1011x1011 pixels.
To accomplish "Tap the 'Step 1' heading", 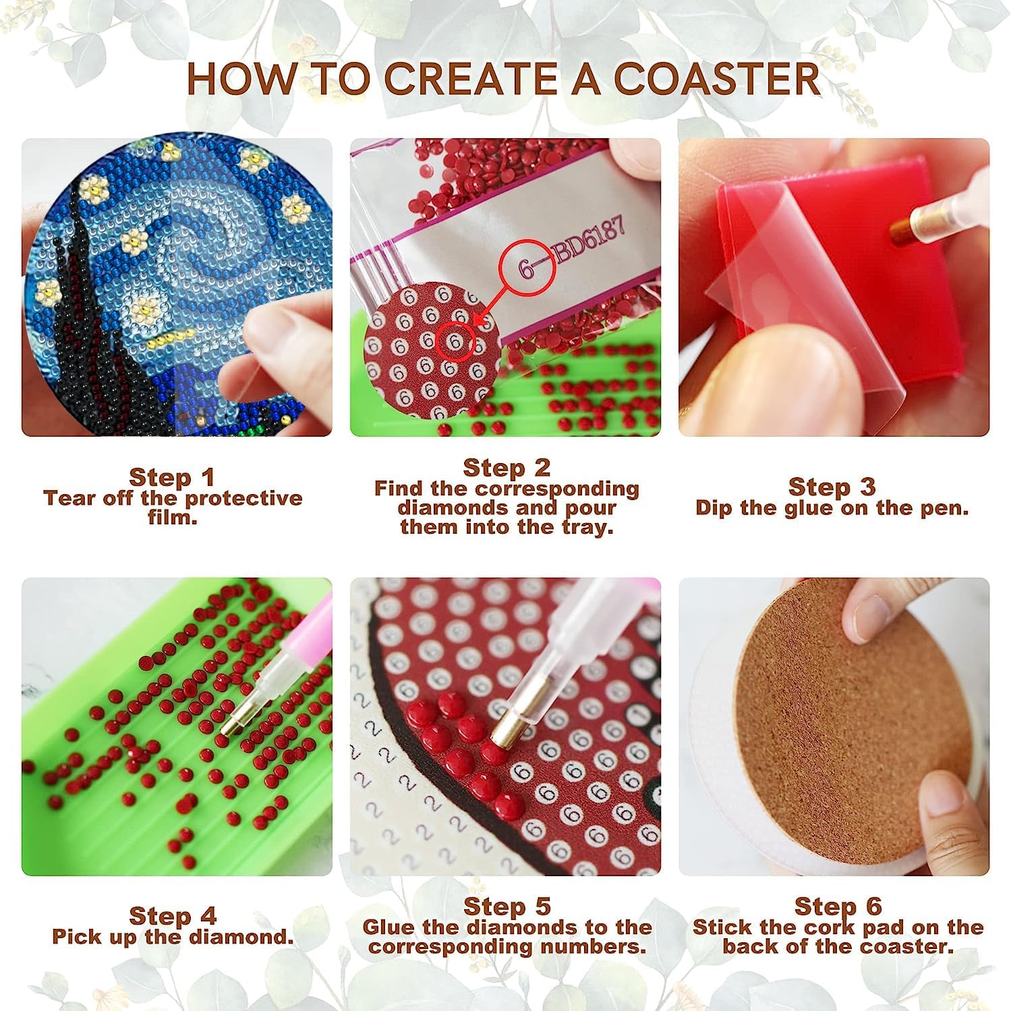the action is point(172,477).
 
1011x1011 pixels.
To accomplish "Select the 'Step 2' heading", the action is point(507,467).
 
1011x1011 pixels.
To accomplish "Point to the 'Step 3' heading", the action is point(832,486).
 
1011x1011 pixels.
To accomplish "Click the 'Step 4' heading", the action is point(173,916).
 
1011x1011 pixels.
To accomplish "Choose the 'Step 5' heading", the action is point(507,906).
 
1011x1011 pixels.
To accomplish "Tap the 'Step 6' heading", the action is point(838,906).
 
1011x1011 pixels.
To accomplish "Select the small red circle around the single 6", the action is point(457,343).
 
